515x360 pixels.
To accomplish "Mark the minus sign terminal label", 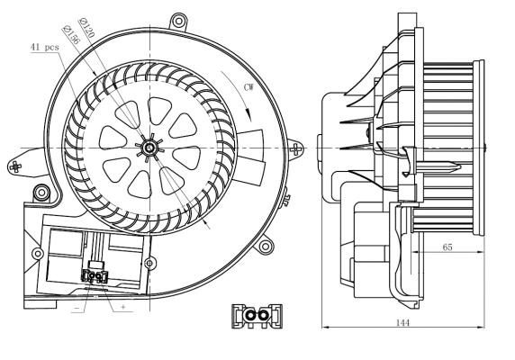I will point(74,307).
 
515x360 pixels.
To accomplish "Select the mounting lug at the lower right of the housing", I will point(264,243).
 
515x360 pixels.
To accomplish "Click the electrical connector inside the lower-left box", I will point(93,276).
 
